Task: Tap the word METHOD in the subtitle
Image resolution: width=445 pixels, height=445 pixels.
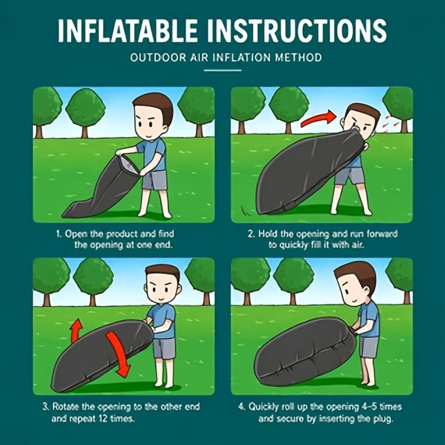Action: pos(298,57)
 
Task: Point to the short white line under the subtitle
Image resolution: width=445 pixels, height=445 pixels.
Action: pos(222,70)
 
